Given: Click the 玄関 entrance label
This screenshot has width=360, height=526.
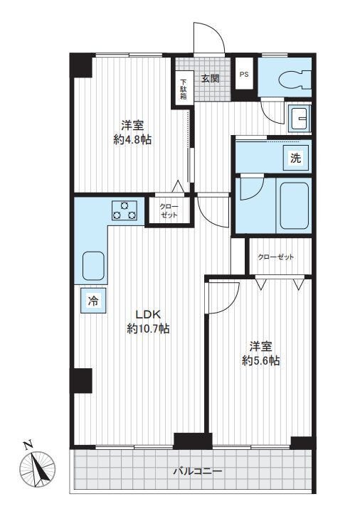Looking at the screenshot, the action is [x=210, y=78].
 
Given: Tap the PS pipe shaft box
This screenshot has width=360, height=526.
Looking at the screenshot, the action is [x=244, y=74].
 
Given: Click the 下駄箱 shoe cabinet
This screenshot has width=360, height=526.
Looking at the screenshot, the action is [x=184, y=88].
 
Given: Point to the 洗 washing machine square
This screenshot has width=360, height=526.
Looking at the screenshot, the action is [x=295, y=158].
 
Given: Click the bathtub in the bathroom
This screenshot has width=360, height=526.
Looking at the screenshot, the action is [x=294, y=205].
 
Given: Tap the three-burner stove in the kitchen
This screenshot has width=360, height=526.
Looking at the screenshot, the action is [x=125, y=210].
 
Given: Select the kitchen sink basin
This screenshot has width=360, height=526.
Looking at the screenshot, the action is [x=93, y=265].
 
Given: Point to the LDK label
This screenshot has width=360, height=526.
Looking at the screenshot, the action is [x=149, y=314].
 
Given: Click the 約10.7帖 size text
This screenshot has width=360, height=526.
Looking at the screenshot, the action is [x=148, y=328].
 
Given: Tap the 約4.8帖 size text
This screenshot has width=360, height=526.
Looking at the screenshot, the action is [x=132, y=139].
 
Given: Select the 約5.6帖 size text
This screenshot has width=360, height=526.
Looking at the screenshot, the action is [x=260, y=360].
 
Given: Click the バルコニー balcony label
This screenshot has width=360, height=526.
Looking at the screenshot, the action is [x=197, y=471].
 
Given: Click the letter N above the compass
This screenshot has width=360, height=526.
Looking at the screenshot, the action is [x=28, y=445].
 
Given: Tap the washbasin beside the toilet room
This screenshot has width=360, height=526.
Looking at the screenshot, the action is [x=300, y=118].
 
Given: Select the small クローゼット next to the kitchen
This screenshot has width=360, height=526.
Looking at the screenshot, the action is [x=169, y=210].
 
